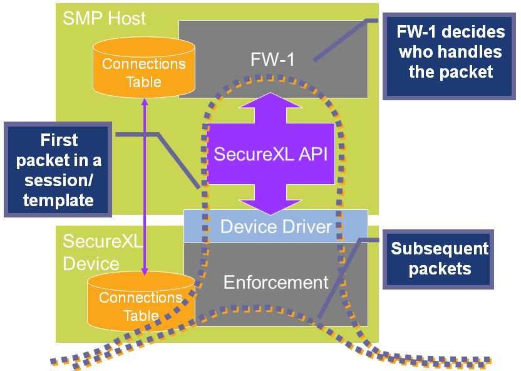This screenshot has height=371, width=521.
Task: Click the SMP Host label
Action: pos(104,18)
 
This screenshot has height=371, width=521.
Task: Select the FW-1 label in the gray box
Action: pos(272,60)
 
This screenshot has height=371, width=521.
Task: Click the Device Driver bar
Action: pos(276,226)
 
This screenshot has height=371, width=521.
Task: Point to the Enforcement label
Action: pos(276,283)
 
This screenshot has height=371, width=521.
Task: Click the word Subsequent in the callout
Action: pos(440,249)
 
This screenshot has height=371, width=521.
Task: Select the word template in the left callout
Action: pos(59,201)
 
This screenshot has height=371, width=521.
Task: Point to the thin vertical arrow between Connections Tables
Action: pos(145,188)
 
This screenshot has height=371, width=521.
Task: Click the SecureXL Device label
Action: pos(91,251)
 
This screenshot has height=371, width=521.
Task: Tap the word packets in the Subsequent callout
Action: pos(440,269)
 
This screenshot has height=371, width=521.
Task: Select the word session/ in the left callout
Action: pos(59,180)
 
